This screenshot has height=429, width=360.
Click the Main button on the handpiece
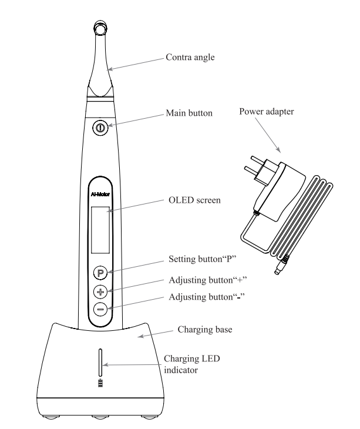(100, 127)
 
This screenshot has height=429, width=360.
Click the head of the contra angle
(100, 29)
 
